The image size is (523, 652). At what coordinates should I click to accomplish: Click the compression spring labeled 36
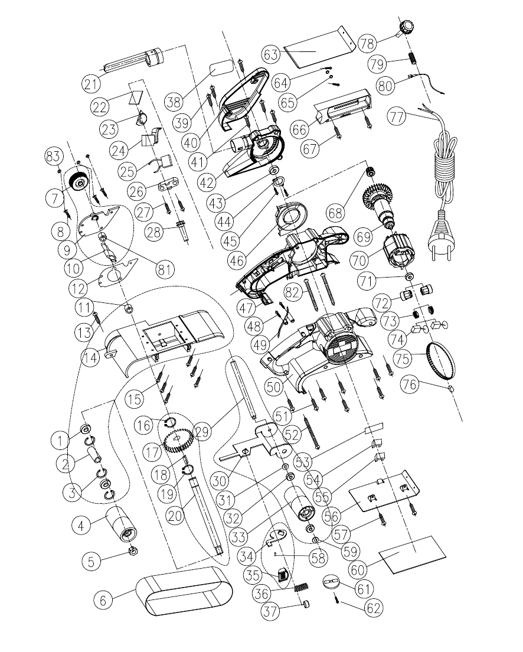point(301,588)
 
